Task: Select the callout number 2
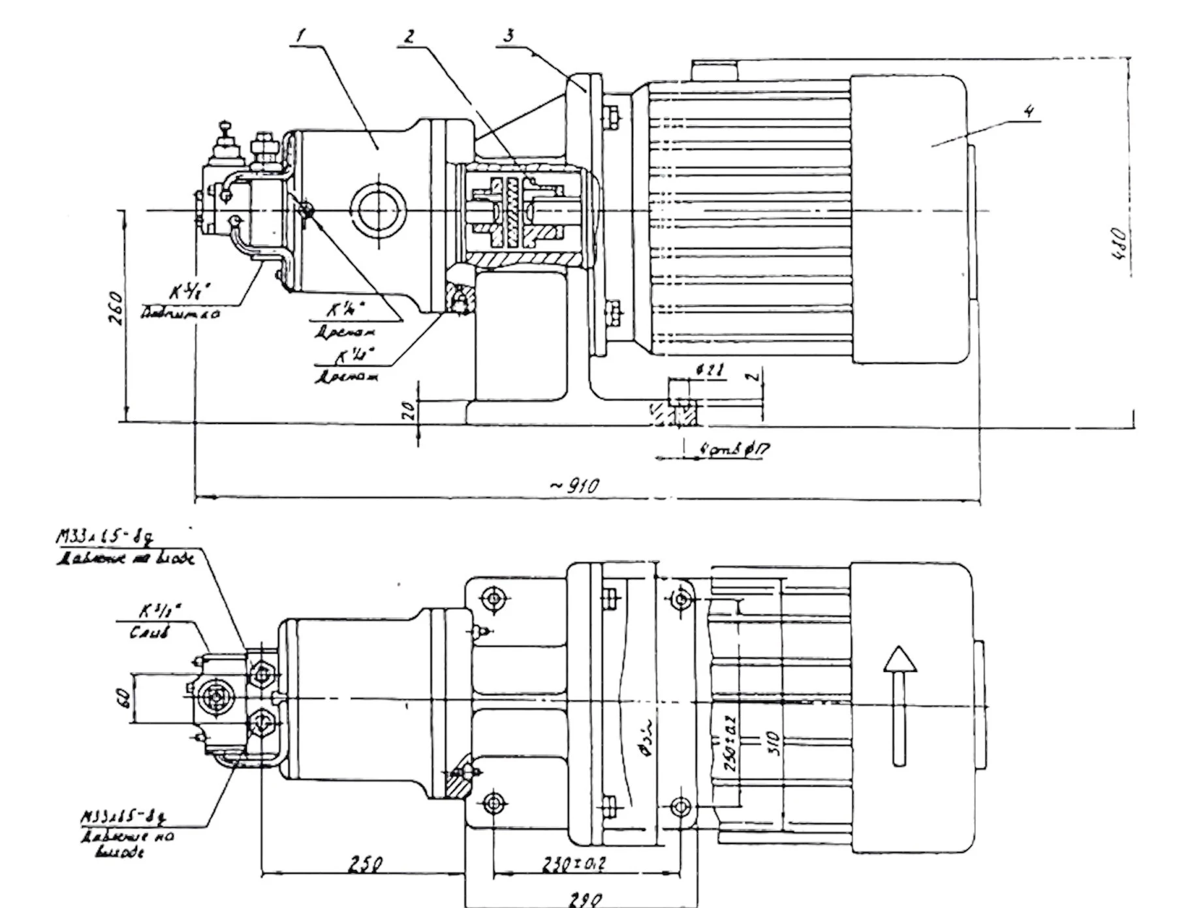pos(409,36)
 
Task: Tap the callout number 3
pos(508,35)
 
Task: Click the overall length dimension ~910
pos(574,486)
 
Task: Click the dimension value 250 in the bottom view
pos(364,865)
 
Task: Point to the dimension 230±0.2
pos(574,864)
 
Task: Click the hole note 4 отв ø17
pos(734,449)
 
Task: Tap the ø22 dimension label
pos(710,371)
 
